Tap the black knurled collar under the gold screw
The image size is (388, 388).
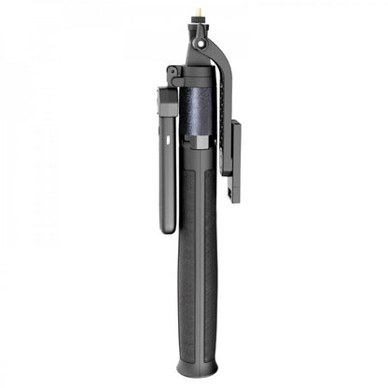coord(201,25)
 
